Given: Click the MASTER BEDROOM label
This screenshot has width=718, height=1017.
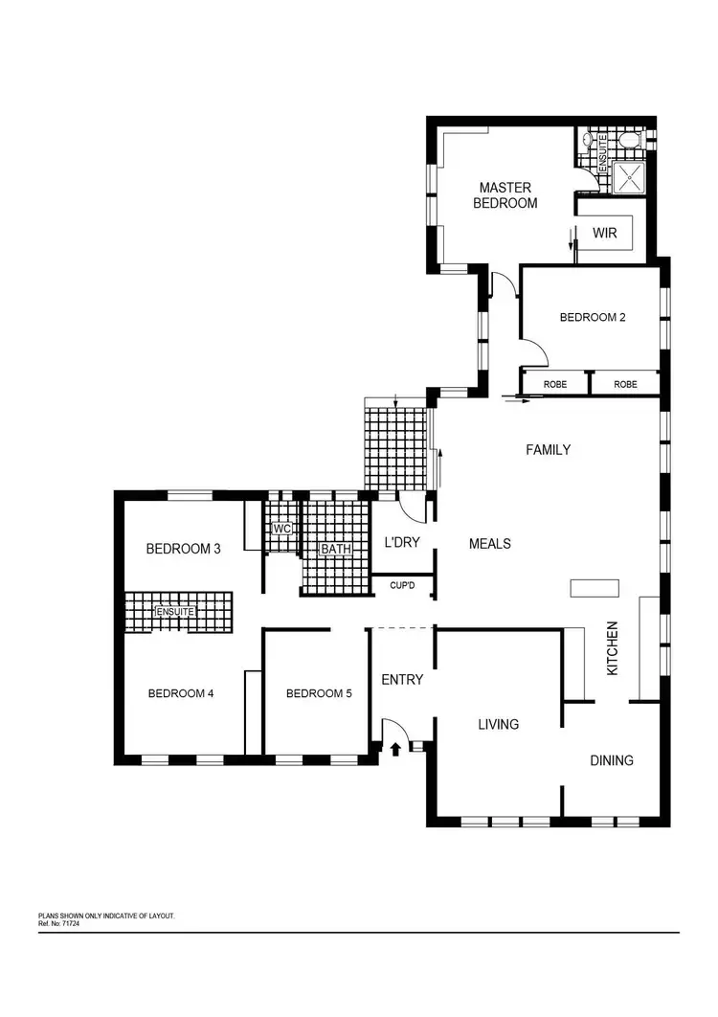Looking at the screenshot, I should (508, 195).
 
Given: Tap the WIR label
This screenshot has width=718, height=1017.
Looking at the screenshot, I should (604, 233).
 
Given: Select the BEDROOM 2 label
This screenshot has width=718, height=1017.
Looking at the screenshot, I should (593, 318).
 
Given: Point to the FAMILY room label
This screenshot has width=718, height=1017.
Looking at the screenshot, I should (549, 449).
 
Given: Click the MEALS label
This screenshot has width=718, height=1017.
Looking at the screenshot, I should (490, 544).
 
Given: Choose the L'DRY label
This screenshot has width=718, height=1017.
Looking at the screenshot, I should (402, 543).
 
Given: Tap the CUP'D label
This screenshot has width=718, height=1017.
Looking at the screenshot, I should (402, 585).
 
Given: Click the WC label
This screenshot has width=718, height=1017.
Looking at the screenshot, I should (281, 529).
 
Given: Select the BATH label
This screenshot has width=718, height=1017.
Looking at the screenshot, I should (335, 550).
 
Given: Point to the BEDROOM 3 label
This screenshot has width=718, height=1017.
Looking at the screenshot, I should (184, 549).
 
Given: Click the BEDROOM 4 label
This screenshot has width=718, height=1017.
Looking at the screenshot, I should (181, 693).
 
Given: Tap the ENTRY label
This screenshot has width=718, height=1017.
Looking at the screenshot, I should (402, 680).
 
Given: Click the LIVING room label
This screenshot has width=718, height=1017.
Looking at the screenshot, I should (499, 724).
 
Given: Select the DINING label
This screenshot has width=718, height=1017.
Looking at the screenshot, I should (612, 760).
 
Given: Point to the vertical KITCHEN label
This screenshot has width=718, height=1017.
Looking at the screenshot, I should (613, 648).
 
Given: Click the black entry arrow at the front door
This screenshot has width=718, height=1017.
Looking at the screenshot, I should (395, 749).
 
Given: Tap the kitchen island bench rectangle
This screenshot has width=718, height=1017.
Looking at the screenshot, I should (588, 589).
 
